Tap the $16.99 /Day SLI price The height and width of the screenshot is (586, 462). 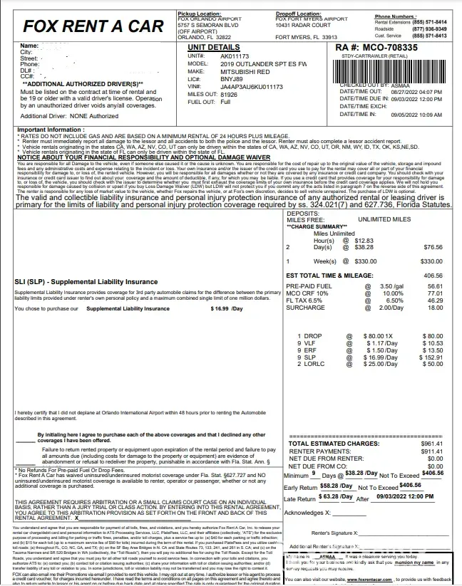coord(227,309)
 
